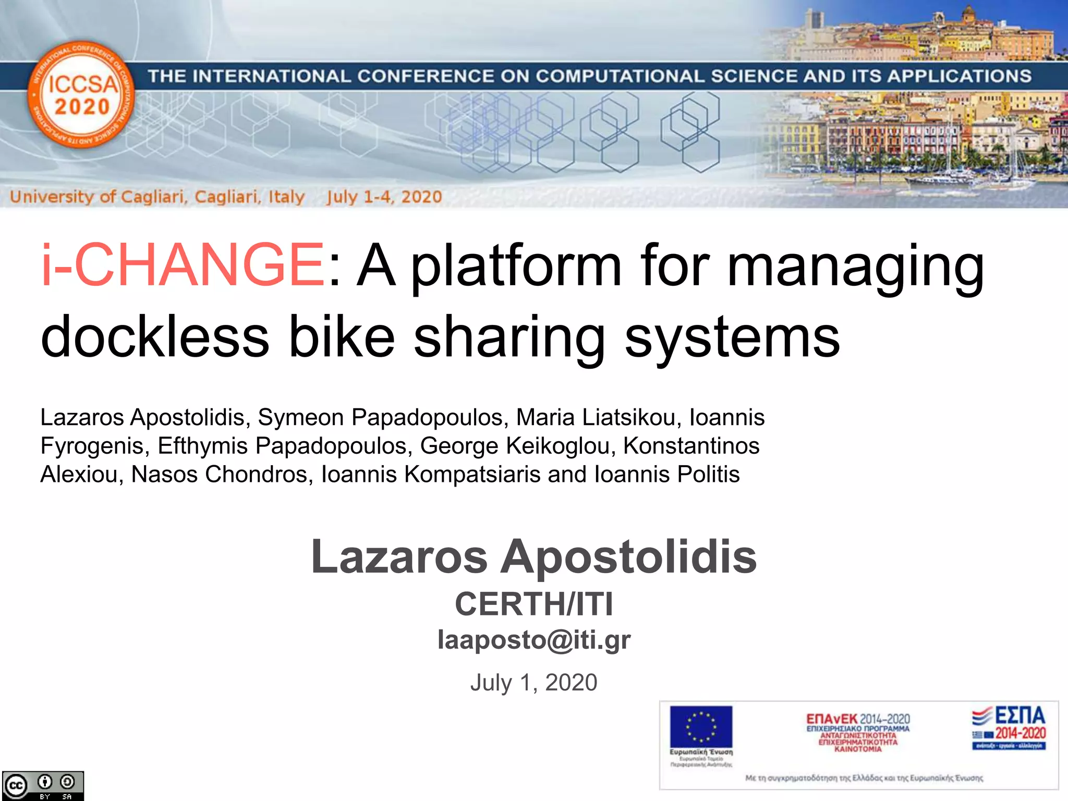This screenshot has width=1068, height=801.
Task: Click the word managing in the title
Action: click(855, 267)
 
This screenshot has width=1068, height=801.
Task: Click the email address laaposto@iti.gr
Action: click(534, 640)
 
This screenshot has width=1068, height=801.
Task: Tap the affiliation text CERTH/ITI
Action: click(534, 604)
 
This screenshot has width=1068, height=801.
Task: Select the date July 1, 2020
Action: click(534, 683)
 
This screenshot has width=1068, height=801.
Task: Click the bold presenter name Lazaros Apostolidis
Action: click(534, 557)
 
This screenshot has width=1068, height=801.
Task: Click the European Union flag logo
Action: click(701, 727)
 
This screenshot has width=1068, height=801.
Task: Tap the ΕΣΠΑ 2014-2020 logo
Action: click(1009, 728)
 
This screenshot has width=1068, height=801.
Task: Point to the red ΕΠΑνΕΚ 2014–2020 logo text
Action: click(858, 720)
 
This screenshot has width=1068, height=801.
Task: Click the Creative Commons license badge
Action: click(43, 785)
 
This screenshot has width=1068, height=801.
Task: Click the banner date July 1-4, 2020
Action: click(384, 197)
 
